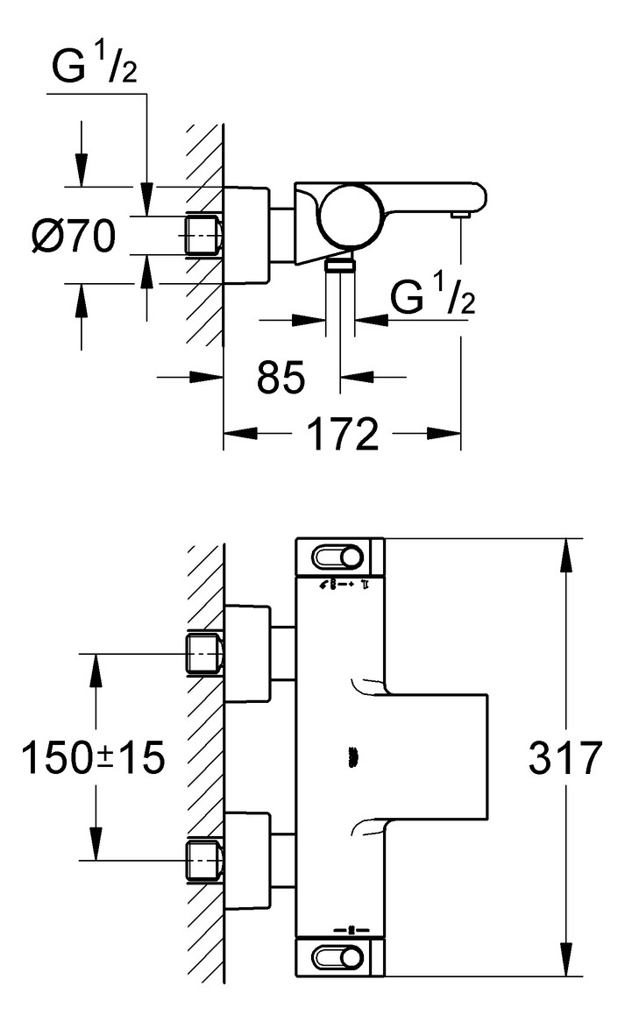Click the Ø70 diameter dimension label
click(x=75, y=236)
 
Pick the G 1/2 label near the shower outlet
click(x=433, y=299)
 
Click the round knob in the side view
click(x=348, y=217)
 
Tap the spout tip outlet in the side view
click(x=459, y=214)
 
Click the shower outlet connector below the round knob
click(x=339, y=265)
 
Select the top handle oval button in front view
click(x=338, y=558)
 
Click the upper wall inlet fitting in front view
click(x=204, y=654)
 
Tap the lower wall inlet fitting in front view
click(x=204, y=859)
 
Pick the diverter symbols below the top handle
click(x=342, y=584)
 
